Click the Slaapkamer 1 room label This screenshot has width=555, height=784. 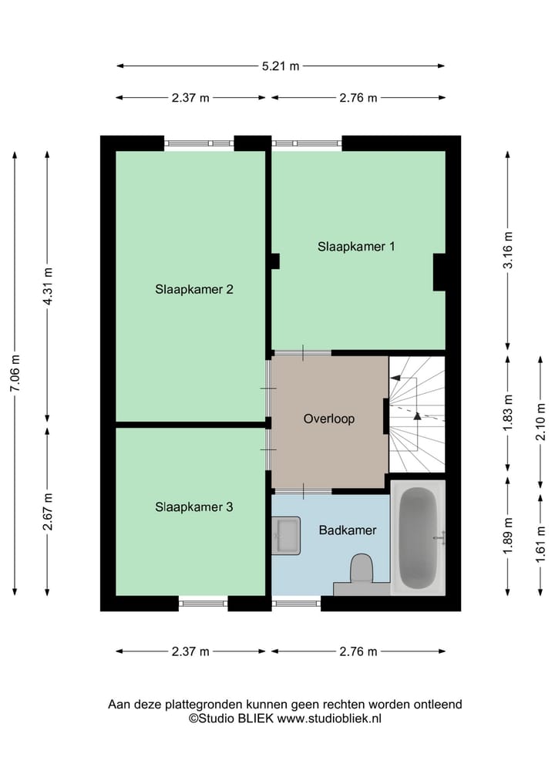pyautogui.click(x=356, y=247)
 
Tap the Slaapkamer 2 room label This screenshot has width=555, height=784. pyautogui.click(x=193, y=290)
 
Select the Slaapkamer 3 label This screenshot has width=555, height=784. pyautogui.click(x=193, y=507)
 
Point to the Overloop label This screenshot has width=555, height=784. pyautogui.click(x=328, y=419)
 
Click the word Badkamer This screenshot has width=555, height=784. pyautogui.click(x=348, y=530)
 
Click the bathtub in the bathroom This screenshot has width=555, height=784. pyautogui.click(x=419, y=537)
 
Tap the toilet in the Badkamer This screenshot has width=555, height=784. pyautogui.click(x=361, y=571)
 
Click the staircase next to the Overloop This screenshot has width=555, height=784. pyautogui.click(x=417, y=414)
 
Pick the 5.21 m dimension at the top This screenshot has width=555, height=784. pyautogui.click(x=281, y=66)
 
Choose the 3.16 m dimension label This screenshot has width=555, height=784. pyautogui.click(x=507, y=251)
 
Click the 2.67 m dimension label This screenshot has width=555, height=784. pyautogui.click(x=48, y=511)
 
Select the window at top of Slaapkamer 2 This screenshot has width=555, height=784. pyautogui.click(x=199, y=143)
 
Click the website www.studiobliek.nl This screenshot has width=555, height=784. pyautogui.click(x=329, y=718)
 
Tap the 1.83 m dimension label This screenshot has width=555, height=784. pyautogui.click(x=507, y=413)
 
